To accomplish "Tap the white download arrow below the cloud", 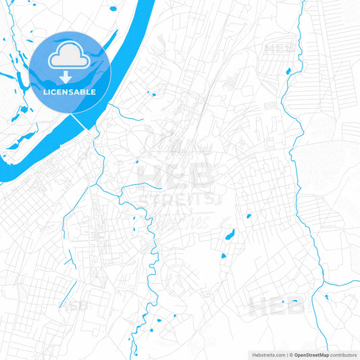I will [70, 73].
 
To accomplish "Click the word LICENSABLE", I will [70, 92].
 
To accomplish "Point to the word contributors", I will [343, 354].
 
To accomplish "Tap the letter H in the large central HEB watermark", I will [151, 175].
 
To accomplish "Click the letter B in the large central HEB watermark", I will [202, 175].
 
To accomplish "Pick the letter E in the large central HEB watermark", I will [177, 175].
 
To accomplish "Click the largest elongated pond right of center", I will [230, 236].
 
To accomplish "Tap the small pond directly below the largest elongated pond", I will [223, 256].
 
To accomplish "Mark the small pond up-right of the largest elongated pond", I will [249, 216].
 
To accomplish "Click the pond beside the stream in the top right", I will [288, 71].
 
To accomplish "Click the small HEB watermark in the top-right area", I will [278, 49].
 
